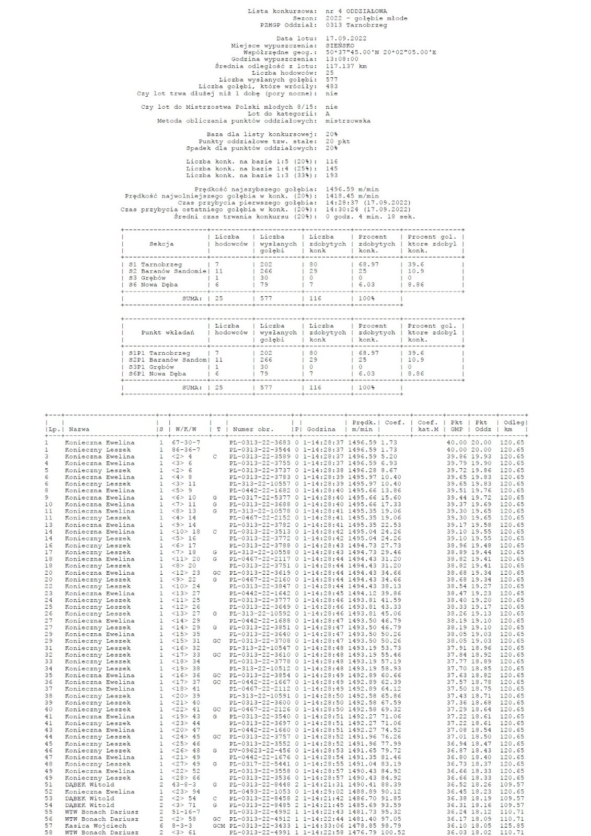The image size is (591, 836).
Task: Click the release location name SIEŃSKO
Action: [x=339, y=45]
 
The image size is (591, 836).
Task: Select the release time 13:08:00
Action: [x=342, y=59]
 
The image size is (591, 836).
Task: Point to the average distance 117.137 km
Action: [x=346, y=66]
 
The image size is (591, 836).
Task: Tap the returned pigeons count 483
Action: [x=331, y=86]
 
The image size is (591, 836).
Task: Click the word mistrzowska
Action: [x=348, y=121]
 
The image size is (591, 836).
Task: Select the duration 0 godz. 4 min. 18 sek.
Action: [x=370, y=216]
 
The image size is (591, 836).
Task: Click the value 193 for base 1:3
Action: [x=331, y=175]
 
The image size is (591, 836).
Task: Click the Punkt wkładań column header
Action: [x=168, y=332]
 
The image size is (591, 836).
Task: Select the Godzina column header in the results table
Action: [x=321, y=429]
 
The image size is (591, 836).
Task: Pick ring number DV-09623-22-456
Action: [x=259, y=750]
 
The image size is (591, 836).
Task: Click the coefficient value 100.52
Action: [x=394, y=832]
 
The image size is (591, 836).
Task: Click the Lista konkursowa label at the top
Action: [x=282, y=11]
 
